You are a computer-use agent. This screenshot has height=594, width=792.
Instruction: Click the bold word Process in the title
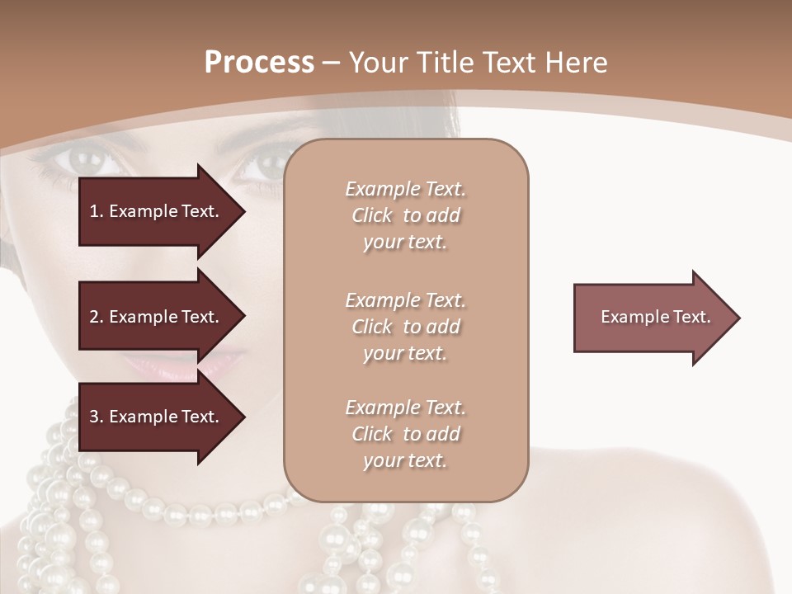(259, 63)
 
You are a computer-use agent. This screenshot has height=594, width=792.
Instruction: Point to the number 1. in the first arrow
(97, 211)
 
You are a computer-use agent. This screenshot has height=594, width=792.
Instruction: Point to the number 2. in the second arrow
(97, 317)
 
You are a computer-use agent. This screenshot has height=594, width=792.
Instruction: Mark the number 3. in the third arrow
(97, 417)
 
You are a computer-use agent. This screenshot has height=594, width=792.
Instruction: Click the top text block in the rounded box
(405, 215)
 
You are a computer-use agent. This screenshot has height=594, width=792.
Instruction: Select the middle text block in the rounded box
(405, 327)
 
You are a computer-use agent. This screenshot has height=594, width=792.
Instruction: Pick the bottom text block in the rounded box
(405, 434)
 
